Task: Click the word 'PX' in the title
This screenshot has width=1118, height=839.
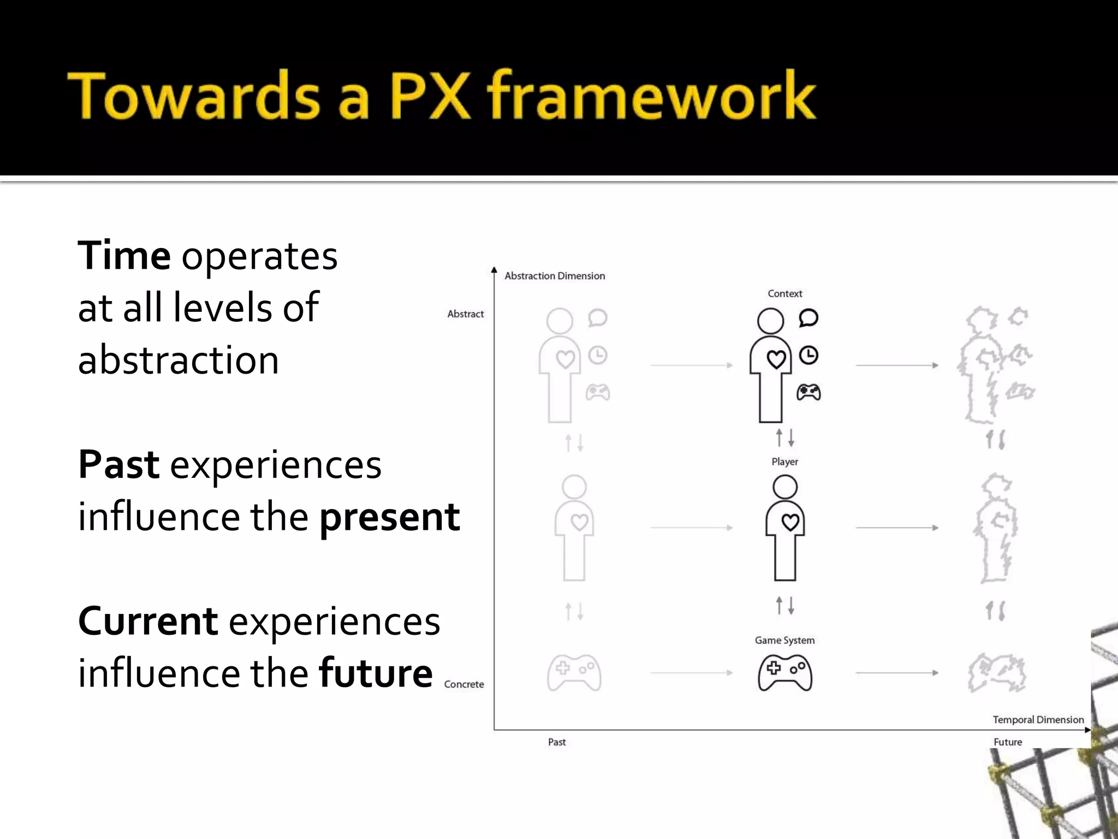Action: (x=430, y=96)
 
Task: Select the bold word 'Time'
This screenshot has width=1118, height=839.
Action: (x=124, y=256)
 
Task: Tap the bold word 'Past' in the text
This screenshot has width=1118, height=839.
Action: (x=119, y=465)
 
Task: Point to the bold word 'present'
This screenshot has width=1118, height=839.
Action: (x=389, y=517)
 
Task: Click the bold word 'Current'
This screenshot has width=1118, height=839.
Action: (x=148, y=621)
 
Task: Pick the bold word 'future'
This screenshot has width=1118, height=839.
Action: (x=376, y=673)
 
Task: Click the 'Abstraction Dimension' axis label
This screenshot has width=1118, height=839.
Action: (x=555, y=276)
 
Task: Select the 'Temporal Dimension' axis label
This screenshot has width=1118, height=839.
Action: (x=1038, y=719)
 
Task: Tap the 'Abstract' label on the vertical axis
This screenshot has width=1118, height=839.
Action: (x=465, y=314)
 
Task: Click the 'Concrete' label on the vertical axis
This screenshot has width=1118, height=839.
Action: (x=463, y=684)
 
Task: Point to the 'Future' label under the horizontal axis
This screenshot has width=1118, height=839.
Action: (x=1007, y=742)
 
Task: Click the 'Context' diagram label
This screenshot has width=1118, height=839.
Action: (x=784, y=293)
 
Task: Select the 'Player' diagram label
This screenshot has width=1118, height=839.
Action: (x=784, y=462)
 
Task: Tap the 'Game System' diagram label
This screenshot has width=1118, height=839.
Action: (x=784, y=640)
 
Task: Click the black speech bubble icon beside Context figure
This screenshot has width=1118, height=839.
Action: (x=808, y=317)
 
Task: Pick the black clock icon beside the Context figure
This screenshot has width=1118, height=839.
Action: (x=808, y=356)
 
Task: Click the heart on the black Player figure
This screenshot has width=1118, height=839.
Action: (x=790, y=522)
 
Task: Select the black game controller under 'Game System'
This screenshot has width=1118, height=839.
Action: (x=784, y=672)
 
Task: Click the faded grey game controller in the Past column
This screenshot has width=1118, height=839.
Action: (x=574, y=672)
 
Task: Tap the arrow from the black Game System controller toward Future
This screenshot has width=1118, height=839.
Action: (x=897, y=673)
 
